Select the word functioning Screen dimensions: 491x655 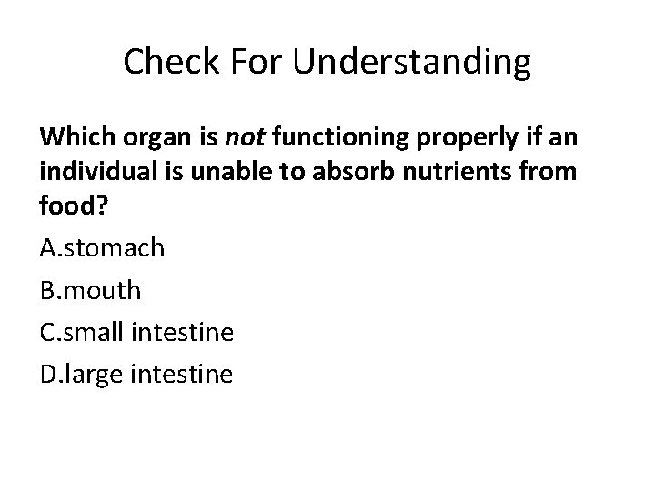(340, 139)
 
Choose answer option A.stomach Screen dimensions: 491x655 (102, 247)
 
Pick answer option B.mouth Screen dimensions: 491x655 (91, 289)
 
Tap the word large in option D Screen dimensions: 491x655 (95, 375)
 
